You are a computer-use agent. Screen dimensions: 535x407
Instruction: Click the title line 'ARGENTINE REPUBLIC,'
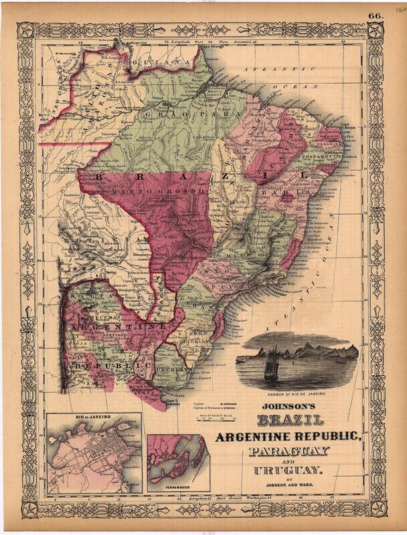pyautogui.click(x=289, y=437)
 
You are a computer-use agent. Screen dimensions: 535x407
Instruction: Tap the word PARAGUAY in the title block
pyautogui.click(x=289, y=451)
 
